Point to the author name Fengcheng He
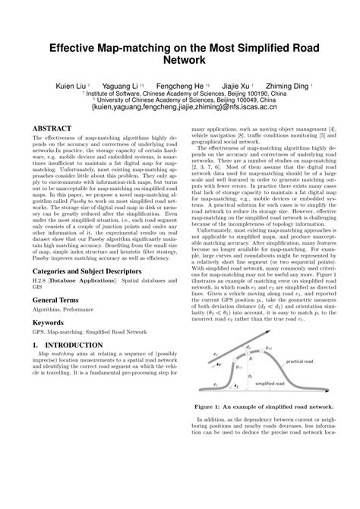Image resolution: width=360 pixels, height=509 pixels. [180, 87]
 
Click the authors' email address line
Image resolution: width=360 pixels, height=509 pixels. [180, 108]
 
